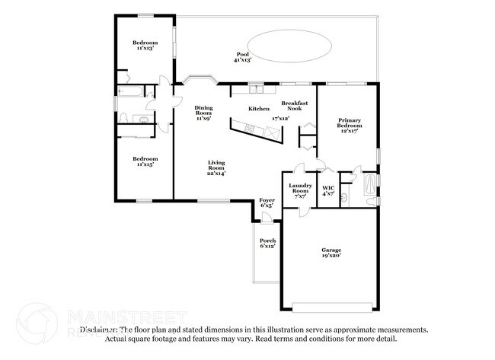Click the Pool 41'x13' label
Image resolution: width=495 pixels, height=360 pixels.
pos(242,57)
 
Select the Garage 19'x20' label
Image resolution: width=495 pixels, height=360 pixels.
pos(330,253)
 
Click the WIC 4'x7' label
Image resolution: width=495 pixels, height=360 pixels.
pos(328,190)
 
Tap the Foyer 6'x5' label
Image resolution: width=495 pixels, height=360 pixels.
pos(267,203)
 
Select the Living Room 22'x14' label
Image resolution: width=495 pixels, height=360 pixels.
pos(216,168)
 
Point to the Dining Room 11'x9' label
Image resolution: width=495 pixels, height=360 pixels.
pos(203,113)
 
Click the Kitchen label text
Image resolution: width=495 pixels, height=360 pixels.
pos(259,109)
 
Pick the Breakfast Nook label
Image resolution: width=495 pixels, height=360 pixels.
pos(294,106)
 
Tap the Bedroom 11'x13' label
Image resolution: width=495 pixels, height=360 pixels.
pos(144,45)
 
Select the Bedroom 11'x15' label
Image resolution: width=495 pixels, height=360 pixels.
pos(144,161)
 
